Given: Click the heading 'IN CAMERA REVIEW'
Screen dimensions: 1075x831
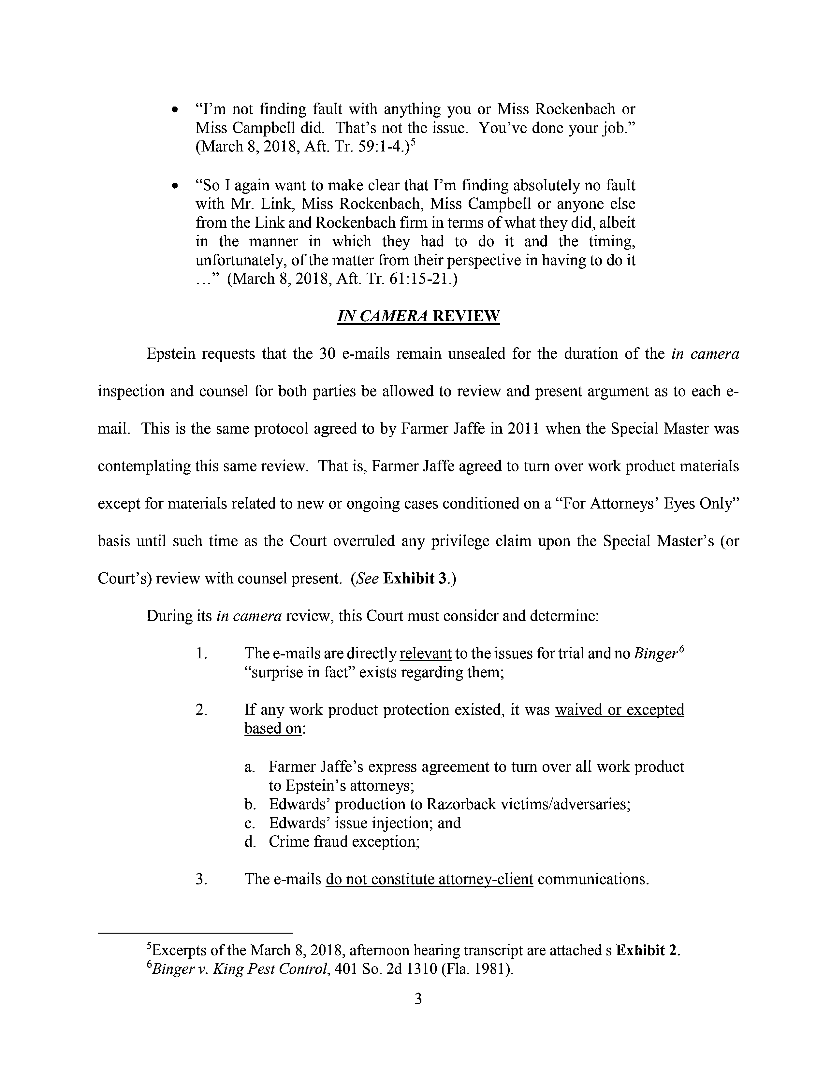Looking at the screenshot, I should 418,316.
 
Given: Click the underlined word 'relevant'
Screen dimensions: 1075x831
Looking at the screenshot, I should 426,654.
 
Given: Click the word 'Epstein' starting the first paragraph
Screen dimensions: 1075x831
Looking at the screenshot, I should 172,354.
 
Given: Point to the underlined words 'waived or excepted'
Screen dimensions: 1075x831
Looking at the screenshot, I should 619,710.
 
